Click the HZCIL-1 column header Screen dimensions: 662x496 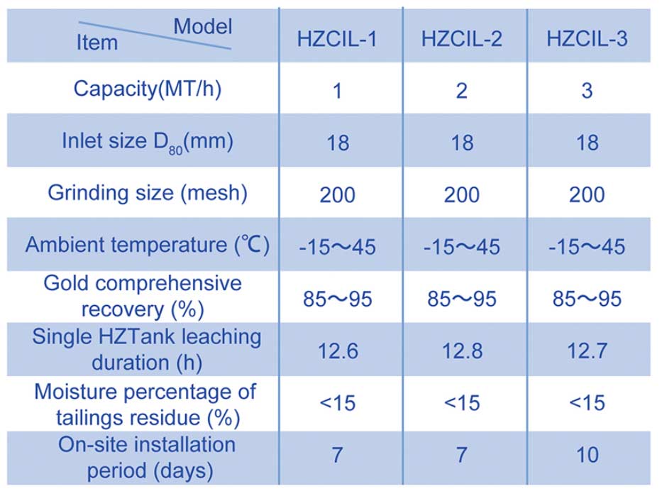[x=337, y=39]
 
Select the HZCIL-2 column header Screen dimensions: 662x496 [x=462, y=39]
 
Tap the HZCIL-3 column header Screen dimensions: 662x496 [x=587, y=39]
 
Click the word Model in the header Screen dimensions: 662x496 [x=203, y=26]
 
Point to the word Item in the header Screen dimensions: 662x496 [x=97, y=43]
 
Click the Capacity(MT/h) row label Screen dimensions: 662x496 [x=148, y=89]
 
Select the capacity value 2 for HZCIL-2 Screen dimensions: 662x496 [x=462, y=91]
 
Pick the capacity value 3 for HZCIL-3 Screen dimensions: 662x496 [x=587, y=91]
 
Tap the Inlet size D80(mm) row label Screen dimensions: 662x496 [x=148, y=142]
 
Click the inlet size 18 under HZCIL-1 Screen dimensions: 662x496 [x=338, y=143]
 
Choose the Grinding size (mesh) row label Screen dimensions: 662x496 [x=148, y=193]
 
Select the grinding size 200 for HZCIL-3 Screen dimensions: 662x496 [x=587, y=195]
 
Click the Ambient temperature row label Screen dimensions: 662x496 [x=148, y=246]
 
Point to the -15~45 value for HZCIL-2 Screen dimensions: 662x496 [x=462, y=247]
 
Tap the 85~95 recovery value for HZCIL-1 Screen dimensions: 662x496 [x=337, y=299]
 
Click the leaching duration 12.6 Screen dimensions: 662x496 [x=338, y=351]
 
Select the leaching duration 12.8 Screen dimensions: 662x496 [x=462, y=351]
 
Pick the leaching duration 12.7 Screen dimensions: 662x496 [x=587, y=351]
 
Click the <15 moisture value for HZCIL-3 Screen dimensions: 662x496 [x=587, y=403]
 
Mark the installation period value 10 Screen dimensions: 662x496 [x=587, y=455]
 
